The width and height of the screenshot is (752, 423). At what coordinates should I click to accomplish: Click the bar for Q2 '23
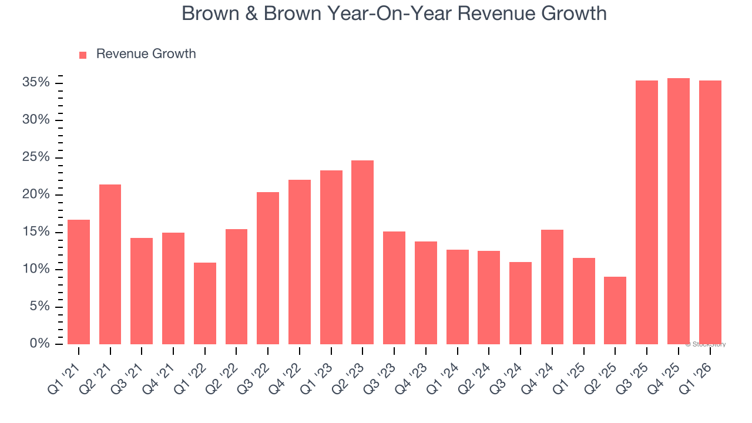[362, 252]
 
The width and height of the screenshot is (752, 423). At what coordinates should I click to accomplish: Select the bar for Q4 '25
[679, 211]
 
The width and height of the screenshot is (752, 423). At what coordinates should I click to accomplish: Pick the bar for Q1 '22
[205, 303]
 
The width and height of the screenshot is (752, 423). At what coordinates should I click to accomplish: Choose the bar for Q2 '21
[110, 264]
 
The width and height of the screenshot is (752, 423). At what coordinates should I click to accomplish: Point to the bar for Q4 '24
[552, 287]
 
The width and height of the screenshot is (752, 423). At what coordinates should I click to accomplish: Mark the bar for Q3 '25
[647, 212]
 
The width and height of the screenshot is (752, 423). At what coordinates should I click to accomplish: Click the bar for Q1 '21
[79, 282]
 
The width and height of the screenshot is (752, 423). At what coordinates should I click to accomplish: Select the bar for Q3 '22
[268, 268]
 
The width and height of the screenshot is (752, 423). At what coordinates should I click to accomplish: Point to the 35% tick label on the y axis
[35, 83]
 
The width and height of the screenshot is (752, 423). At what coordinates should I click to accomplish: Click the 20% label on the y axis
[35, 195]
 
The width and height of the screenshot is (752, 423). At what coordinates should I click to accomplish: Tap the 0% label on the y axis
[39, 344]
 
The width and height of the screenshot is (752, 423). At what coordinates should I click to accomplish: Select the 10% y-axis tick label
[35, 270]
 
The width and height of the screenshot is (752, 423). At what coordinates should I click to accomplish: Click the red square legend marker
[83, 55]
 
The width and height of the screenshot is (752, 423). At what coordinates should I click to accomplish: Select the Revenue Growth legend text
[146, 54]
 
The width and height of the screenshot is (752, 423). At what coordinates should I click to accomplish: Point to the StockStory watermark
[706, 344]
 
